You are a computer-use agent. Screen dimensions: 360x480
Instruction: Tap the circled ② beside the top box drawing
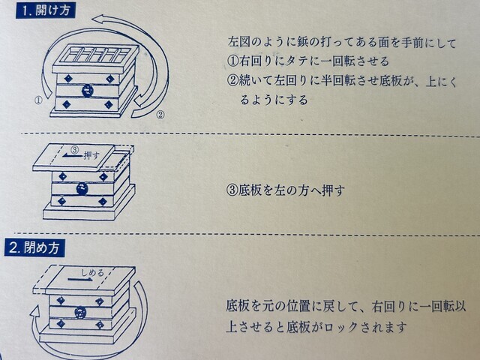point(160,115)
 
